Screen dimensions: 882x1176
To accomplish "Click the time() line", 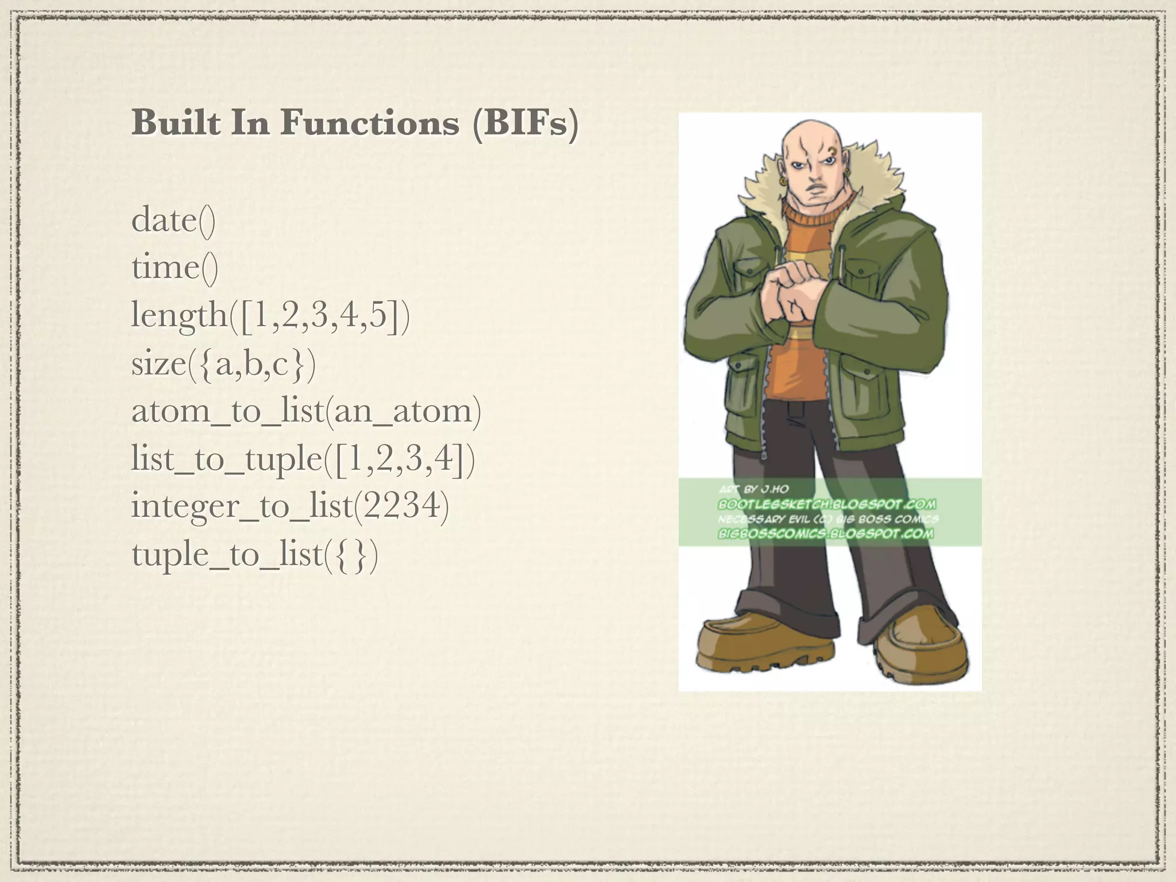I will point(175,268).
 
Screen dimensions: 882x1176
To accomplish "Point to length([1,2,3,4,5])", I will point(270,316).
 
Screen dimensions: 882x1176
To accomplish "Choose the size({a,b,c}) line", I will point(223,364).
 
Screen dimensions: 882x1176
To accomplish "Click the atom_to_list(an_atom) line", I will point(306,411).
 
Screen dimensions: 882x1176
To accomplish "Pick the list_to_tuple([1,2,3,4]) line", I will point(303,459).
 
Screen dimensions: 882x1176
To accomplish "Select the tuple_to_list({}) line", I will point(255,555).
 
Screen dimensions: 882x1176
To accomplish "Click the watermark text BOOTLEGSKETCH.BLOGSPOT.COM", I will point(827,504).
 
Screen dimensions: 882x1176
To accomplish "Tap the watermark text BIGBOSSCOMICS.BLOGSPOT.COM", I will point(825,533).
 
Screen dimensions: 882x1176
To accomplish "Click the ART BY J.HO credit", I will point(753,489).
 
